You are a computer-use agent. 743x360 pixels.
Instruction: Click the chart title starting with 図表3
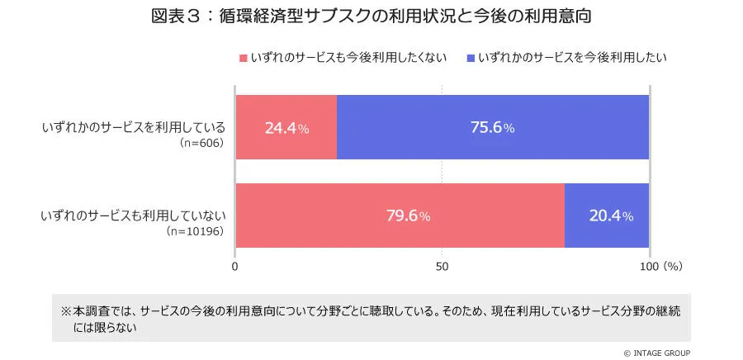(x=371, y=17)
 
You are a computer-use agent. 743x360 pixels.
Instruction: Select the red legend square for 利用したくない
(x=243, y=58)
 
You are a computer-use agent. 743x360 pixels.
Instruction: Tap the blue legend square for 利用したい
(x=471, y=58)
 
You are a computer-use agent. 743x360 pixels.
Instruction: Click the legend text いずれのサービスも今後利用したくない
(x=348, y=58)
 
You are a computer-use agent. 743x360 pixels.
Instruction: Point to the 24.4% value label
(x=286, y=128)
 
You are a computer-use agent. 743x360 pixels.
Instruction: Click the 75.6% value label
(x=493, y=128)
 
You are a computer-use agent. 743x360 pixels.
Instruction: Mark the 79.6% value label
(x=408, y=216)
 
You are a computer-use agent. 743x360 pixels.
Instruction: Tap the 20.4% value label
(x=611, y=216)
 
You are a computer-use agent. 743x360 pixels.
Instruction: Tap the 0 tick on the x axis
(x=236, y=267)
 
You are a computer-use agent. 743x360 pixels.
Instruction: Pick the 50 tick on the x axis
(x=442, y=267)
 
